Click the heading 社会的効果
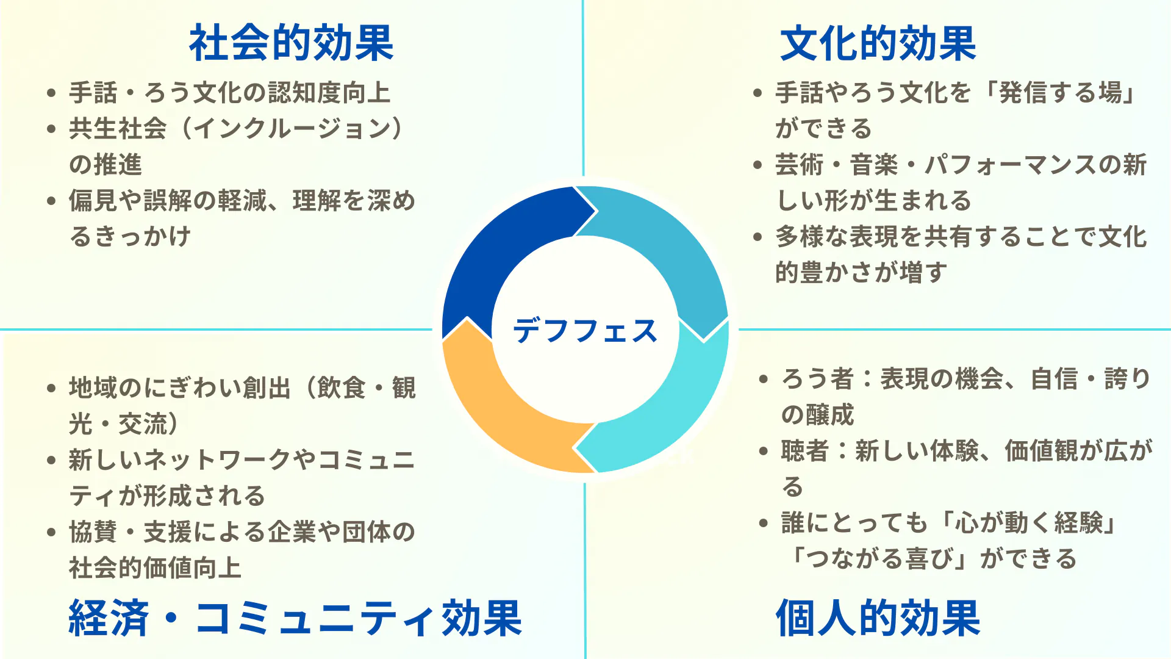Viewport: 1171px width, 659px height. pos(291,43)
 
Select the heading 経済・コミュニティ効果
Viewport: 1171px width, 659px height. pos(295,618)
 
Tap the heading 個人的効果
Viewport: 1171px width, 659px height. pos(878,618)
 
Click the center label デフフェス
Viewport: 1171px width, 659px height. pos(585,331)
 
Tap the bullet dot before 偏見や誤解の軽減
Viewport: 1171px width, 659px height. pos(51,201)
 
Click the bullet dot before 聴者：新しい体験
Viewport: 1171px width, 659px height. pos(763,451)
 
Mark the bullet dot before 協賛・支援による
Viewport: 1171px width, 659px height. pos(51,532)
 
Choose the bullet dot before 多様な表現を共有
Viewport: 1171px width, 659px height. pos(757,237)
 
